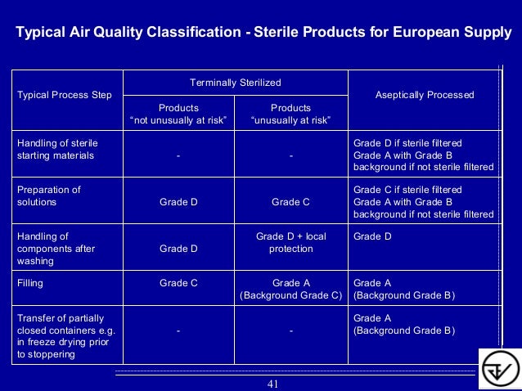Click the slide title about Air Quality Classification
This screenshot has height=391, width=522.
(263, 33)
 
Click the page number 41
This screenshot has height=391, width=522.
(274, 384)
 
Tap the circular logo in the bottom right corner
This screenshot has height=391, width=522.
(498, 369)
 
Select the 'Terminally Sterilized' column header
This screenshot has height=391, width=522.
(236, 83)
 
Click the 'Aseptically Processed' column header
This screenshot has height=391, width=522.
(425, 95)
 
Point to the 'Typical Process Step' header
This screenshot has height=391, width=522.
(65, 95)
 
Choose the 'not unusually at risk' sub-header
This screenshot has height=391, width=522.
(178, 114)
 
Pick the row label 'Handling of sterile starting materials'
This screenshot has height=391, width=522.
(57, 149)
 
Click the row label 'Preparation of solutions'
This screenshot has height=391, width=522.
(49, 195)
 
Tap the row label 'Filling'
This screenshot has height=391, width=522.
(30, 283)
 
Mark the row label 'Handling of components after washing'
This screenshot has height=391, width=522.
(52, 249)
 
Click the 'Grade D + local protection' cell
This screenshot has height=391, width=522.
(290, 242)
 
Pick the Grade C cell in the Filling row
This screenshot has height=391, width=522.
(178, 283)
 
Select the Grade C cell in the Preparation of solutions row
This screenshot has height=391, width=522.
(290, 201)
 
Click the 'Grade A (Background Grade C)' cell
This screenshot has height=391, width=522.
(290, 289)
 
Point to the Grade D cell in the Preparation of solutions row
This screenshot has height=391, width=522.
(178, 201)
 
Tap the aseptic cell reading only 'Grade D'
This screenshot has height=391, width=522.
(371, 236)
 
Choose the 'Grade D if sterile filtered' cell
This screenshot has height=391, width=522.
(423, 155)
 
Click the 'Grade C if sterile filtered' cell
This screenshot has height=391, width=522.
(423, 201)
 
